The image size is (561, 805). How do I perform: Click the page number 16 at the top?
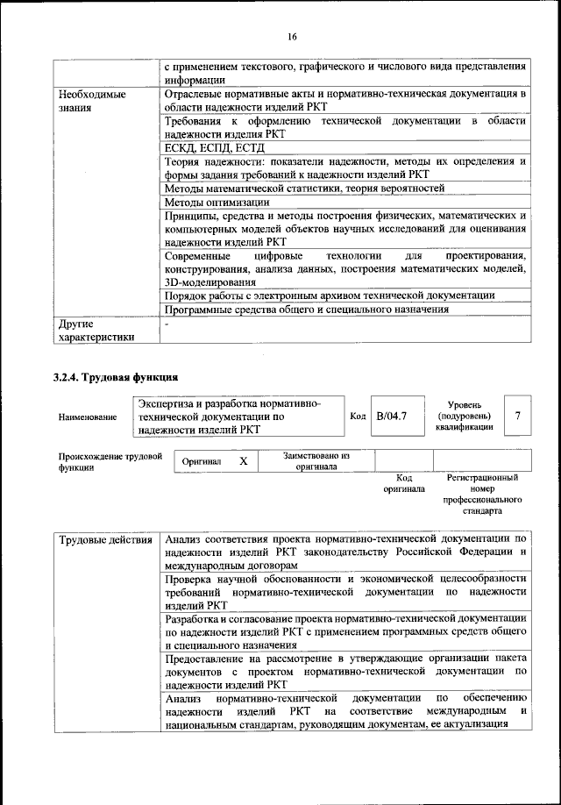point(292,36)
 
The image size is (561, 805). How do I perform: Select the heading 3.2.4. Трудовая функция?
point(116,378)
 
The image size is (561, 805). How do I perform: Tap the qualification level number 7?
point(518,417)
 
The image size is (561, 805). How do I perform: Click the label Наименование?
point(88,417)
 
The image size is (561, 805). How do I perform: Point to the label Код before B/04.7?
point(357,417)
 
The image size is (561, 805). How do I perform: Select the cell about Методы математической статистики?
point(304,188)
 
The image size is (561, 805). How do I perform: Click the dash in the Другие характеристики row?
point(167,324)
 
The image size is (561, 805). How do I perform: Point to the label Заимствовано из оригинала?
point(316,461)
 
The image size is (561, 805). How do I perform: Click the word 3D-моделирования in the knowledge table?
point(209,282)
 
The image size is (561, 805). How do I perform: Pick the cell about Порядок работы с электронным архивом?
point(330,296)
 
